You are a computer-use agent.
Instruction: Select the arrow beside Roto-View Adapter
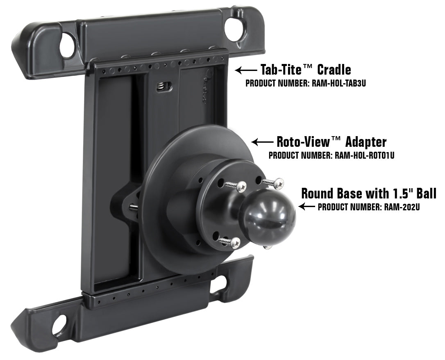(262, 142)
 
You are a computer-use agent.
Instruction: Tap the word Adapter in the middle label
(366, 142)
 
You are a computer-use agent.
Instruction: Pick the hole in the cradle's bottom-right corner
(221, 283)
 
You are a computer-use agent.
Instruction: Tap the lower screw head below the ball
(235, 244)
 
